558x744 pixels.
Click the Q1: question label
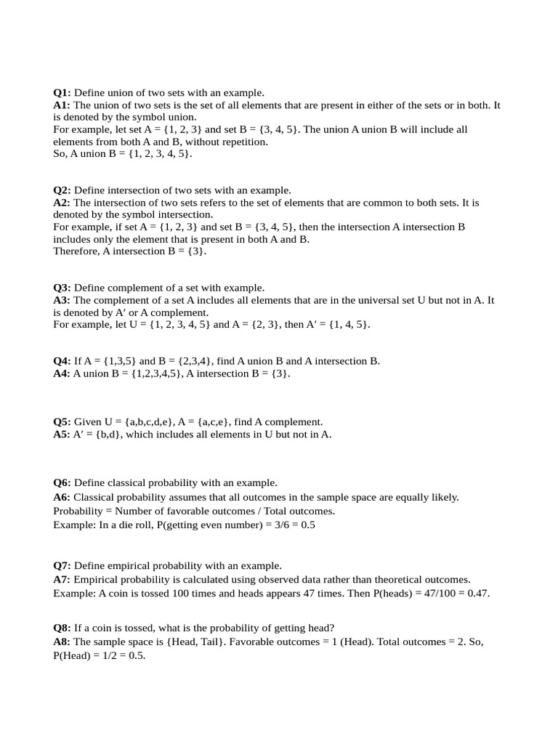(62, 93)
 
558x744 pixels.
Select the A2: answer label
(62, 203)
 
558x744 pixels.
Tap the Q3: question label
(62, 288)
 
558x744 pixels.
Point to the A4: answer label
(62, 373)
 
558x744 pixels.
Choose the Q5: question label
(62, 422)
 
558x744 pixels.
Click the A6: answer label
(62, 498)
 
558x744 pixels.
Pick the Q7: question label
(62, 566)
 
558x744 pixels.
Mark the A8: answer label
(62, 642)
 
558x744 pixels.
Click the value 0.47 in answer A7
(478, 594)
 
